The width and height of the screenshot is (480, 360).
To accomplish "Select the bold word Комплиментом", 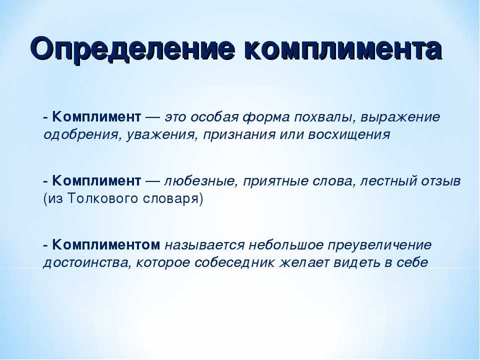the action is (x=106, y=245).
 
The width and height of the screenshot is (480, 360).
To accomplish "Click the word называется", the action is (x=204, y=245).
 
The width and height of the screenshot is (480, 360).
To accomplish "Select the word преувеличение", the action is (x=379, y=245).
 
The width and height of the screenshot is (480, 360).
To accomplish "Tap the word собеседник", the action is (x=234, y=262).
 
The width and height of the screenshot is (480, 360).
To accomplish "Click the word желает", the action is (x=303, y=263).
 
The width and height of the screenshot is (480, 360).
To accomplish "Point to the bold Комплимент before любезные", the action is (x=96, y=181).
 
